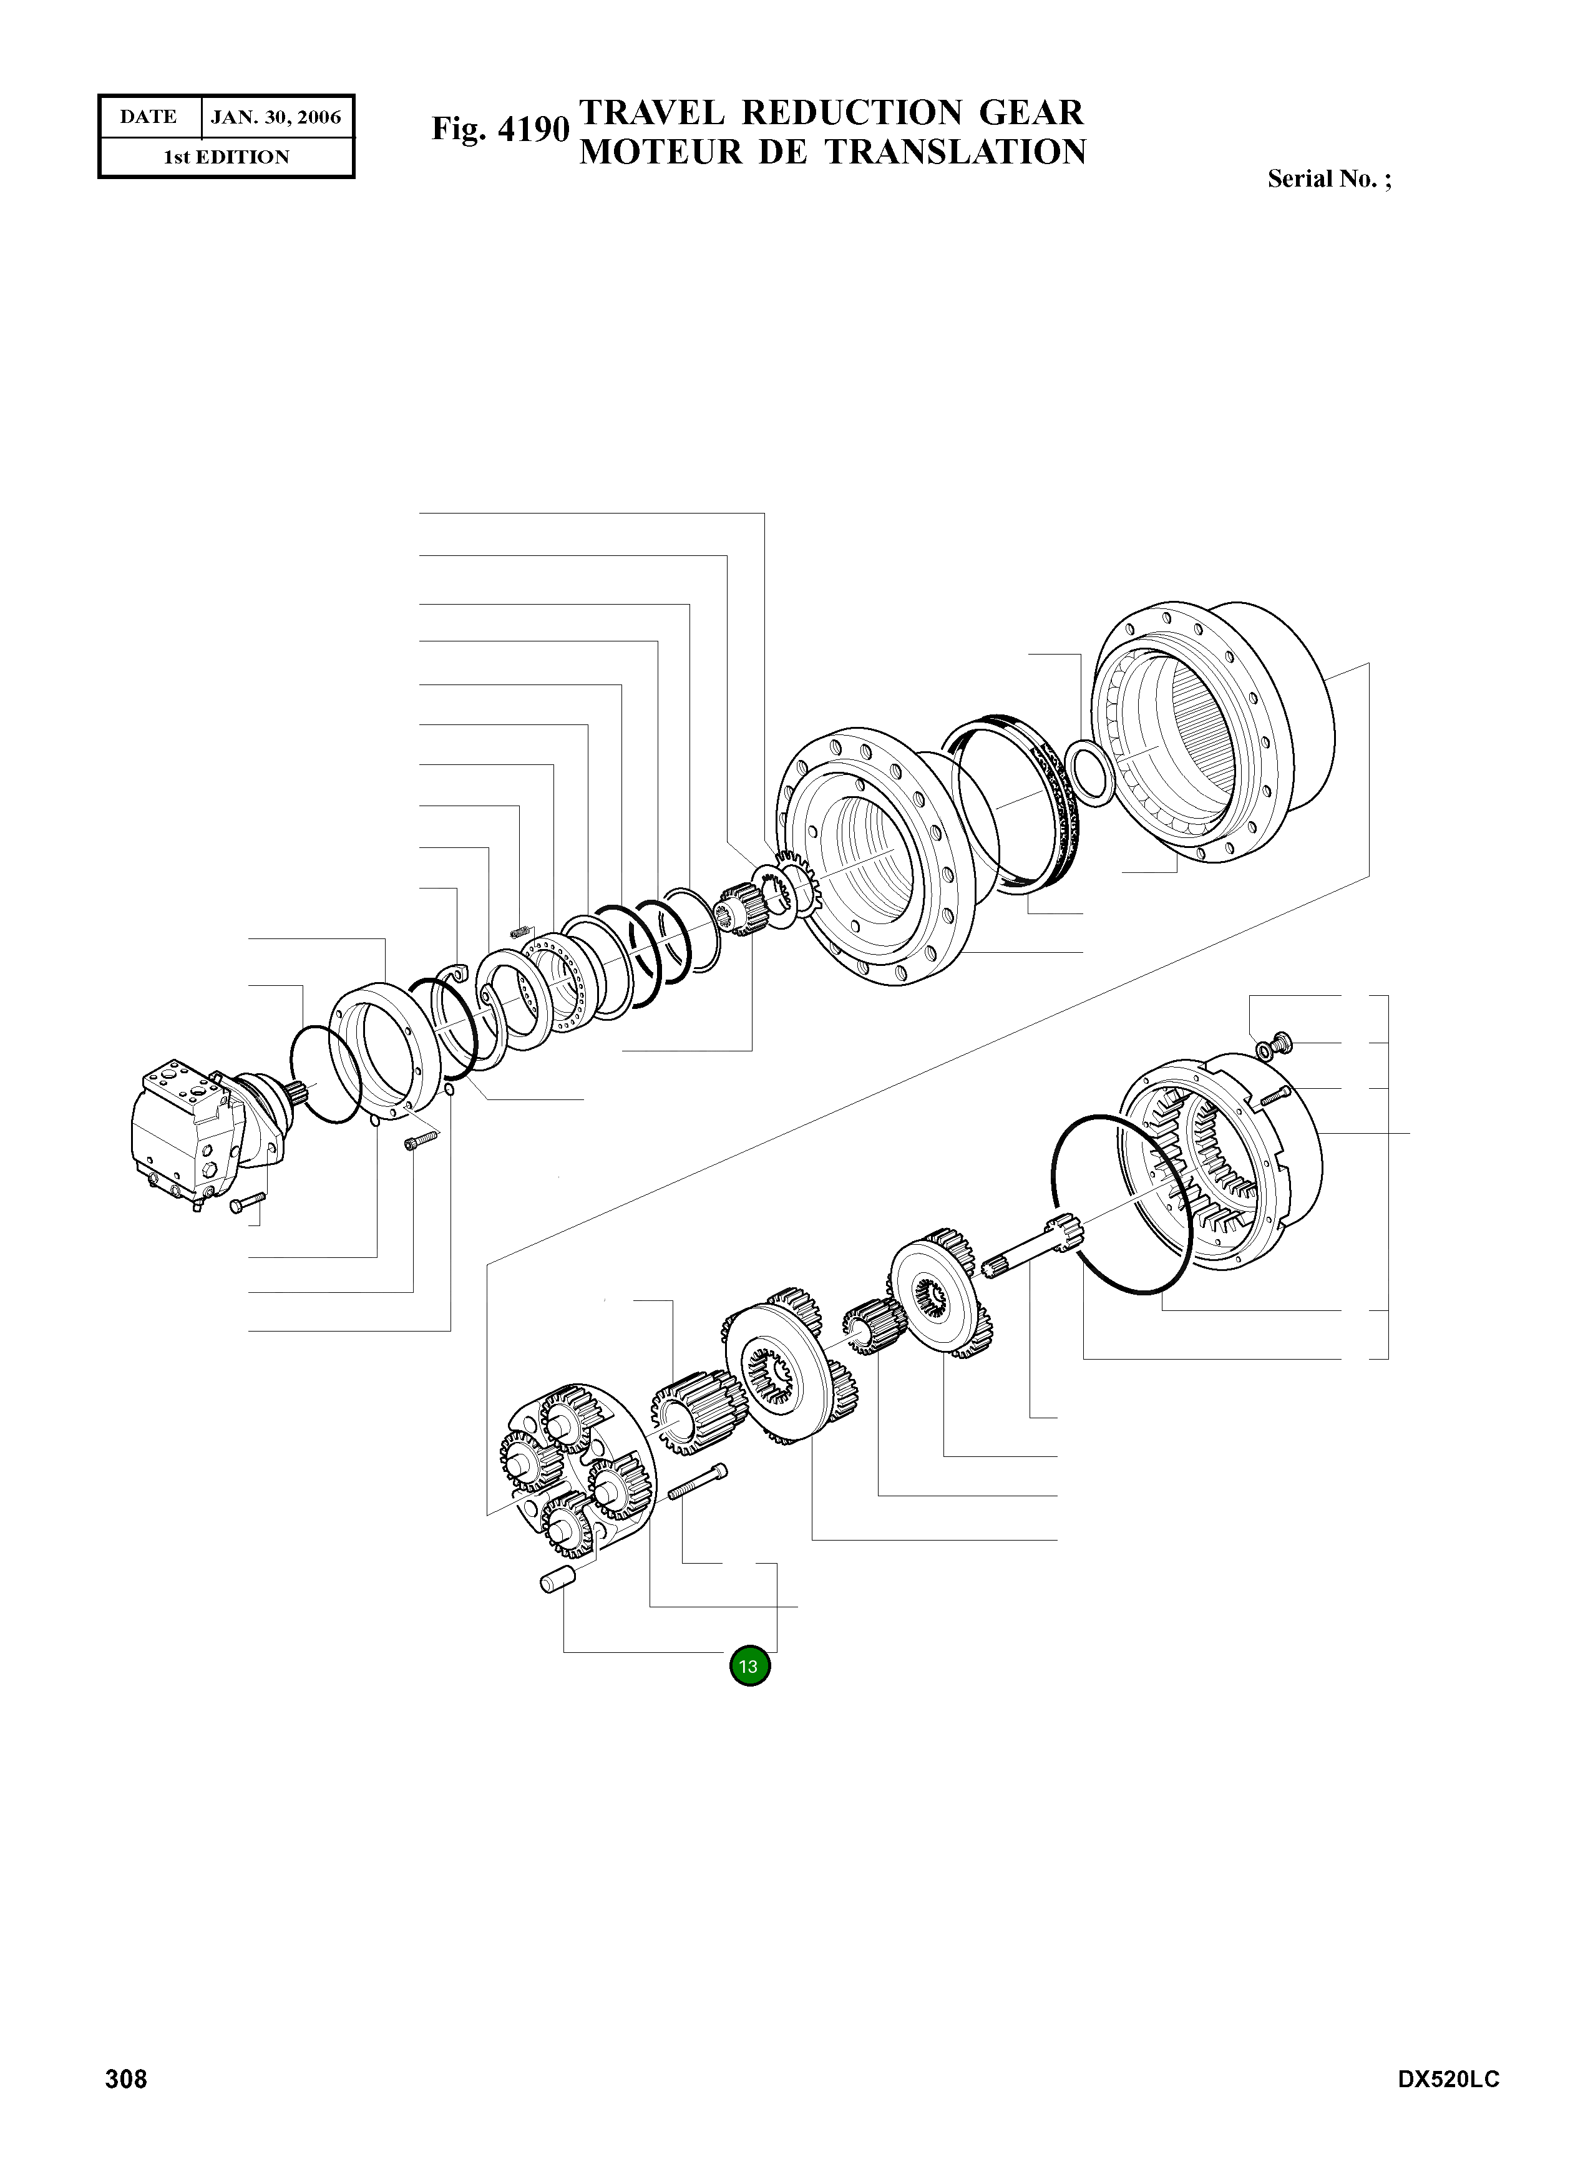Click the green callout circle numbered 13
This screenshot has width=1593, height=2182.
tap(749, 1665)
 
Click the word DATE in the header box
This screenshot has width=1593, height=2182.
tap(149, 117)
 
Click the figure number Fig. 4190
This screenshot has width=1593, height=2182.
tap(500, 129)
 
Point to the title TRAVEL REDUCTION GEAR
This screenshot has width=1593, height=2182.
tap(831, 113)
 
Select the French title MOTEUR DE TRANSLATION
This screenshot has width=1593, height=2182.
tap(833, 152)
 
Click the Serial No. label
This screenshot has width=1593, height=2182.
tap(1330, 179)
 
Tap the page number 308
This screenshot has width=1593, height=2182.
tap(126, 2079)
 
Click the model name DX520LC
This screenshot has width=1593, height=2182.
tap(1448, 2080)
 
